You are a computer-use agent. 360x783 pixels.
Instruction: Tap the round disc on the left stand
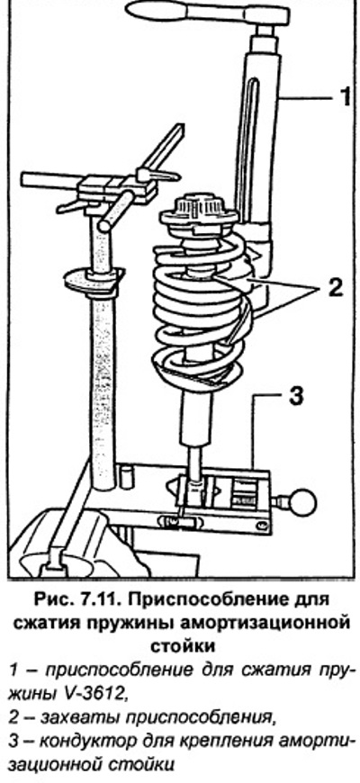tap(94, 276)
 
